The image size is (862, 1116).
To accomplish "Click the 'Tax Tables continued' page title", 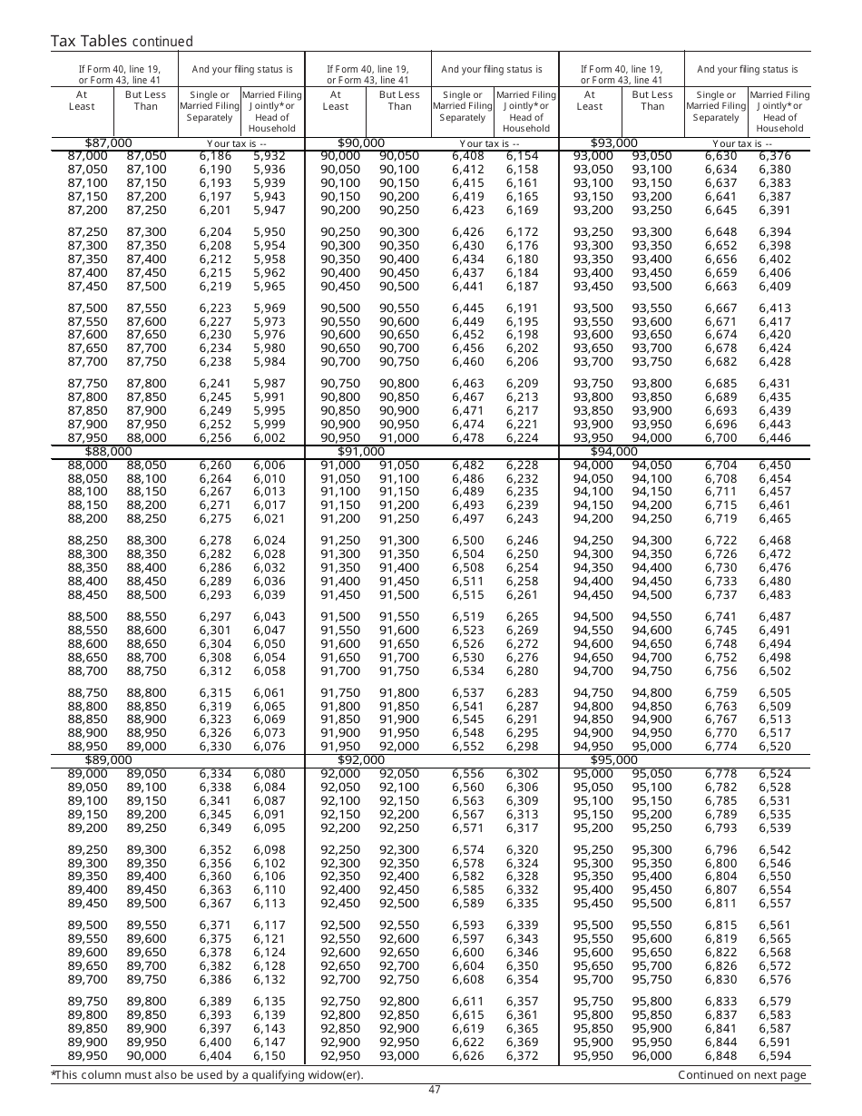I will pyautogui.click(x=121, y=41).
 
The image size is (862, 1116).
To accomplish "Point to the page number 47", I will pyautogui.click(x=435, y=1090).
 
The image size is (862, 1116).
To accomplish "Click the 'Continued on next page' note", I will pyautogui.click(x=741, y=1075).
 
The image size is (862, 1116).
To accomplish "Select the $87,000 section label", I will pyautogui.click(x=108, y=143).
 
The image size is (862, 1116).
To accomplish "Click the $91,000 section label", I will pyautogui.click(x=361, y=452).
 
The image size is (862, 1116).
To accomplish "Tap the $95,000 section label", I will pyautogui.click(x=614, y=760).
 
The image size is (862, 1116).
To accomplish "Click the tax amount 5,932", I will pyautogui.click(x=269, y=156).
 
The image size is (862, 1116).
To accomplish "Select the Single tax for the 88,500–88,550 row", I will pyautogui.click(x=216, y=617).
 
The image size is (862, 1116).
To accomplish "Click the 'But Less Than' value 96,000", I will pyautogui.click(x=652, y=1056).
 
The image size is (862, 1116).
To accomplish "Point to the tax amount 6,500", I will pyautogui.click(x=467, y=540).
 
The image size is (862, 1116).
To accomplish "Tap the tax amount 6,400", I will pyautogui.click(x=216, y=1043).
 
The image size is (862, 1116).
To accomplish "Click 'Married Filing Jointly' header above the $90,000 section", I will pyautogui.click(x=526, y=111).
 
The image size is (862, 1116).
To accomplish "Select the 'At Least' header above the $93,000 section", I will pyautogui.click(x=590, y=100).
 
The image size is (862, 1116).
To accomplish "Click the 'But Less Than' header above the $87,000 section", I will pyautogui.click(x=146, y=100).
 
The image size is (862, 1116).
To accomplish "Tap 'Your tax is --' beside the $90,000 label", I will pyautogui.click(x=490, y=143).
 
